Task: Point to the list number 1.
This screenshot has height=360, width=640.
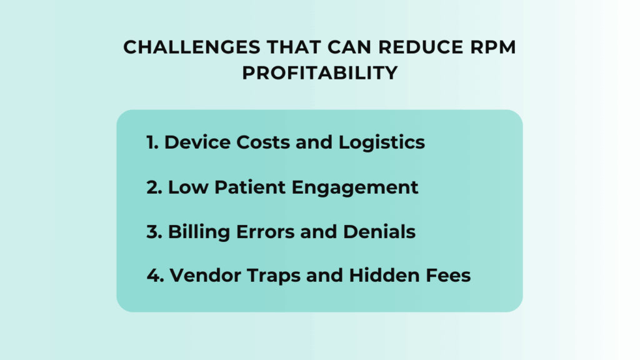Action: pos(151,142)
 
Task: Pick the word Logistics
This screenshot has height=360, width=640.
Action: pos(382,143)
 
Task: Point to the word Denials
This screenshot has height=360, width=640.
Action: pos(379,231)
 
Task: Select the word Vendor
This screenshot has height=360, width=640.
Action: pos(200,276)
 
